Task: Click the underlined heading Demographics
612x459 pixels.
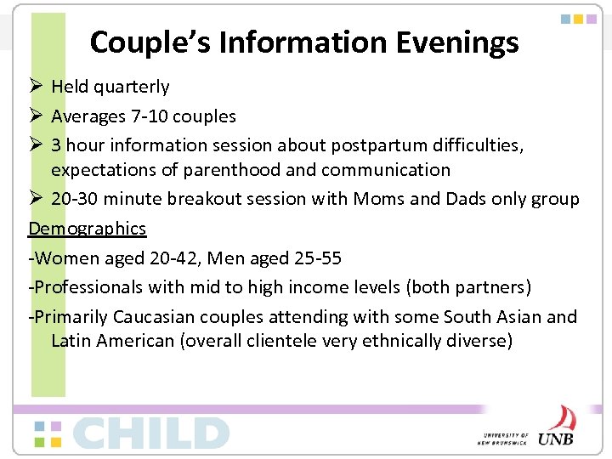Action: [x=88, y=229]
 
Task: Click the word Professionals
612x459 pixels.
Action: [x=88, y=287]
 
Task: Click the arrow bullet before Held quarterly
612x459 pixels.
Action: [x=36, y=87]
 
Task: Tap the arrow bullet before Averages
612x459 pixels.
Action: [x=36, y=116]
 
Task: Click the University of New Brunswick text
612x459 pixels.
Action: [x=504, y=437]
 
